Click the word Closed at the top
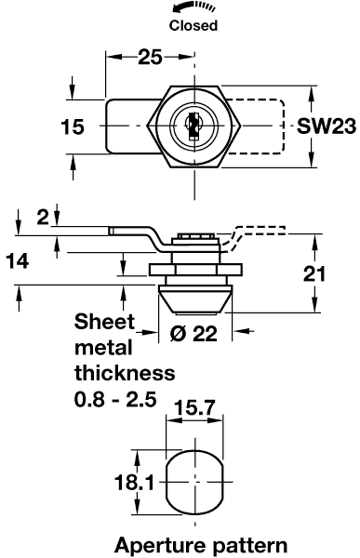click(x=193, y=25)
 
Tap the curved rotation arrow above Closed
click(x=193, y=7)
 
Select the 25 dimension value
click(x=150, y=57)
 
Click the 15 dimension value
click(x=73, y=127)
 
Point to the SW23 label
click(x=327, y=126)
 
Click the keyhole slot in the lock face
click(x=193, y=126)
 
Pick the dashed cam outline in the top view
click(x=255, y=126)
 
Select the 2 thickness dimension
click(x=43, y=217)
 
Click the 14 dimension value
click(x=18, y=261)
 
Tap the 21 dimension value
click(x=314, y=274)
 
